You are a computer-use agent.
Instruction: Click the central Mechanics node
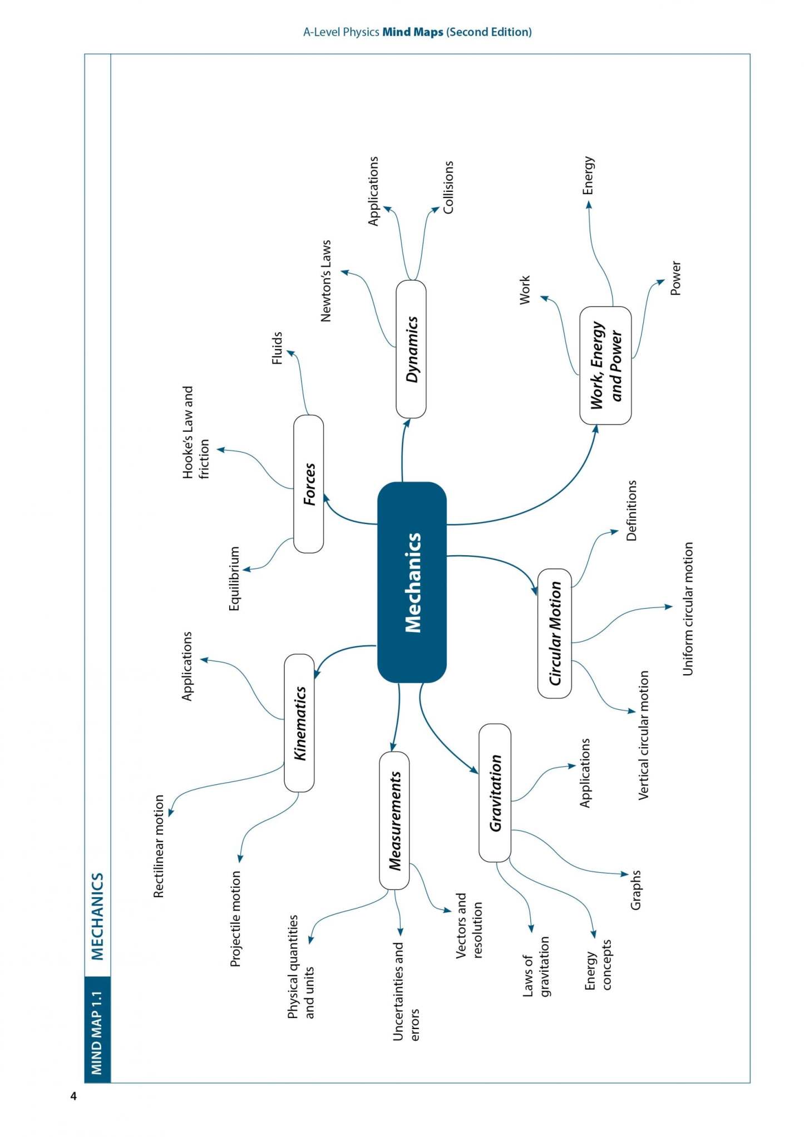tap(412, 582)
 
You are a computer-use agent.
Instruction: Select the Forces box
tap(308, 484)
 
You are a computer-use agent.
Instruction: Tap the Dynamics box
tap(411, 349)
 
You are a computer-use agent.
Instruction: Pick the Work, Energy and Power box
tap(605, 365)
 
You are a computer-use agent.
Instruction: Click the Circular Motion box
tap(555, 633)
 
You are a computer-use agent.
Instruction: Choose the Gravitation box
tap(495, 793)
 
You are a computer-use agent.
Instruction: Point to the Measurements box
tap(394, 820)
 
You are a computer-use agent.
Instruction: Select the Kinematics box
tap(299, 723)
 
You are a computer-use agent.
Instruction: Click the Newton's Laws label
tap(326, 281)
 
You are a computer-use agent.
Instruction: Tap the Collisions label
tap(448, 187)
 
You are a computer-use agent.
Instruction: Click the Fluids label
tap(277, 348)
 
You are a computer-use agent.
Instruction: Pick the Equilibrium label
tap(234, 579)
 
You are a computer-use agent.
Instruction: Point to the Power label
tap(675, 278)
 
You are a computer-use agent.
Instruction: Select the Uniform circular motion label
tap(688, 609)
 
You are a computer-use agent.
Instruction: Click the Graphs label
tap(635, 890)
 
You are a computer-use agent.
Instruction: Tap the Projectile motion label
tap(236, 918)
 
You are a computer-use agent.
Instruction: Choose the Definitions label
tap(631, 511)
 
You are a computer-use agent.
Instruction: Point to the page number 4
tap(73, 1096)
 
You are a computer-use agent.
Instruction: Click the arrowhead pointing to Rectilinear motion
tap(170, 813)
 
